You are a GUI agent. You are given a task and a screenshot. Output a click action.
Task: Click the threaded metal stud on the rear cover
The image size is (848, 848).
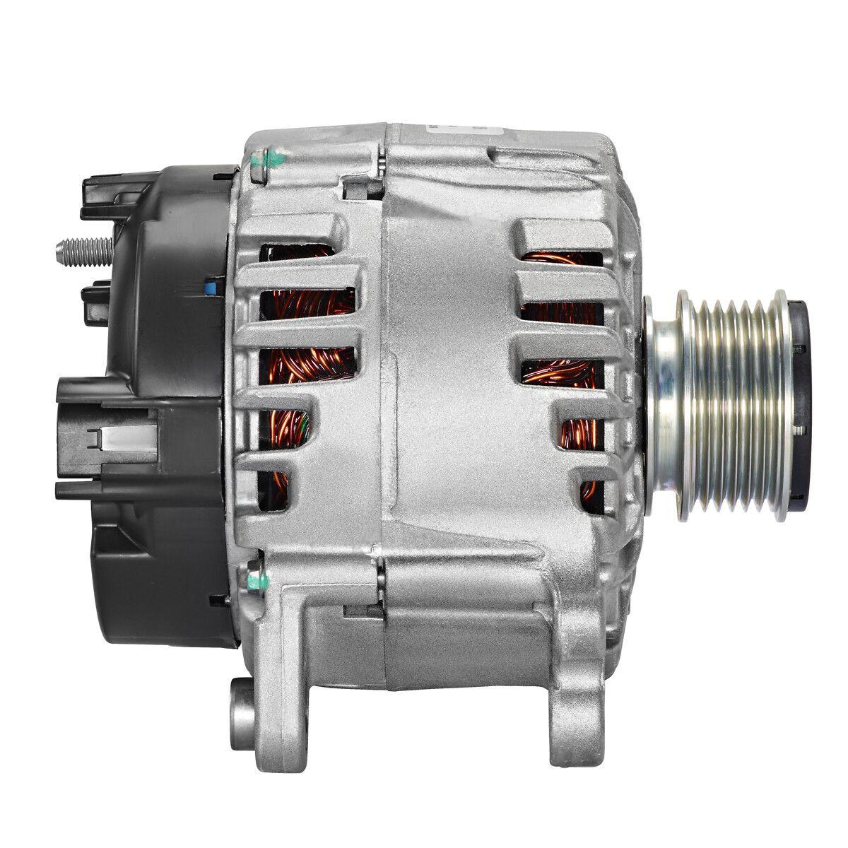[83, 248]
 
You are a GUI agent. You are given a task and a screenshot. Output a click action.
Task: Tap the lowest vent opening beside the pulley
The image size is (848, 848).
[589, 491]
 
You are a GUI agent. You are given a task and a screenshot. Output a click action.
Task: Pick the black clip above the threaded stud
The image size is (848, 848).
[99, 195]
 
